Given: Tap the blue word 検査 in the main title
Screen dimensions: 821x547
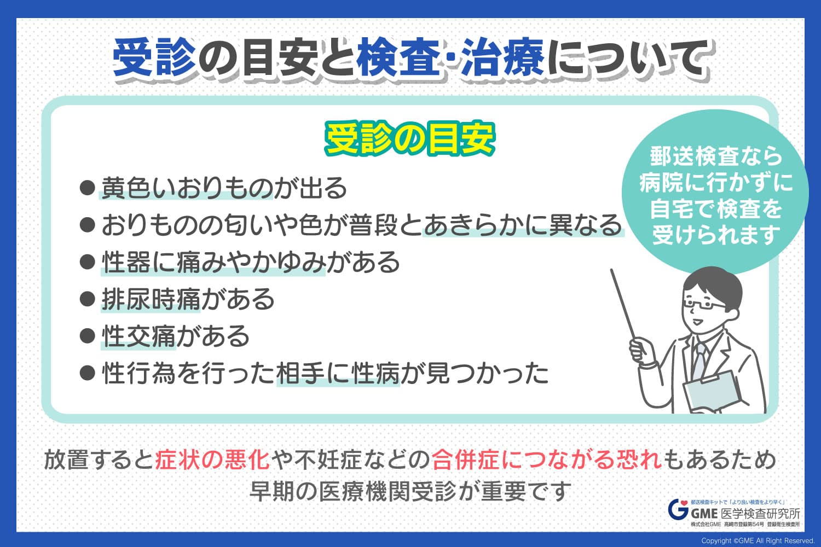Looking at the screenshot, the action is [399, 59].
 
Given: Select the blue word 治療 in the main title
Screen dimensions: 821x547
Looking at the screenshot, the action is [503, 59].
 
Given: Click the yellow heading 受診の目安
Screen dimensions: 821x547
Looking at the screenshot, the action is [410, 139].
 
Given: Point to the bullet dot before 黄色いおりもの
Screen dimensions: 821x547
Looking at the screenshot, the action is [87, 188].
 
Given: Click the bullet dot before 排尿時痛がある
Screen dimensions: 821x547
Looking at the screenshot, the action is [87, 299].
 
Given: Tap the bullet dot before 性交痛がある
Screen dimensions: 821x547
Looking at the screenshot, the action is [87, 336].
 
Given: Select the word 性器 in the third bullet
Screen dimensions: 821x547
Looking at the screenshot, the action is [126, 263].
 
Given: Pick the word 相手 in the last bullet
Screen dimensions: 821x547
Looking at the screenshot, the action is [300, 374].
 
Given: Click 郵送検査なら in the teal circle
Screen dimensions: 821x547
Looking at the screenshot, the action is [716, 156].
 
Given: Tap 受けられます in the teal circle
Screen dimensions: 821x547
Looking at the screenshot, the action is [716, 235].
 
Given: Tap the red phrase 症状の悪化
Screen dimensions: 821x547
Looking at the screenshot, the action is [213, 460].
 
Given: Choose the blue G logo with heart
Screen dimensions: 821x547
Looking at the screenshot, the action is [678, 509].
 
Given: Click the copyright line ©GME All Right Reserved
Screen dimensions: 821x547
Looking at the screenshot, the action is [758, 541].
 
